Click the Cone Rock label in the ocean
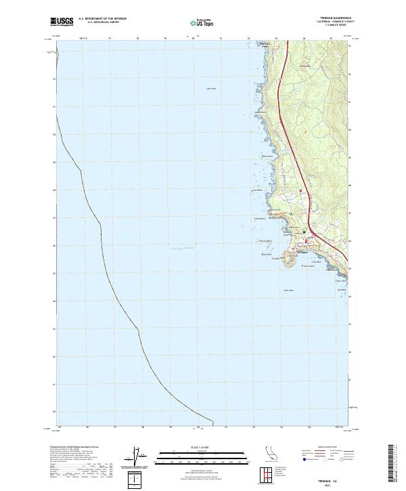[x=211, y=88]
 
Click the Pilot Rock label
[x=287, y=291]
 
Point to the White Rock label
[x=267, y=157]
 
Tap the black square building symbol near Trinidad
[x=304, y=232]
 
